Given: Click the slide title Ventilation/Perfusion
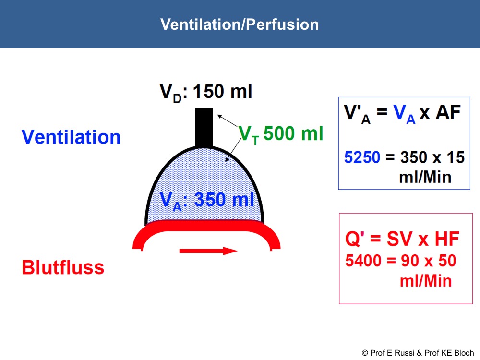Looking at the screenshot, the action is tap(240, 24).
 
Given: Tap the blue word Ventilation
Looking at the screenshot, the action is tap(71, 137).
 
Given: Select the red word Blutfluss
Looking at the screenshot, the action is tap(63, 267).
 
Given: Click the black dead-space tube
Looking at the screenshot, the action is tap(204, 128).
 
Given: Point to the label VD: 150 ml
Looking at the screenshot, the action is tap(206, 92).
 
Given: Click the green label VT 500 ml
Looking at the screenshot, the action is tap(281, 134).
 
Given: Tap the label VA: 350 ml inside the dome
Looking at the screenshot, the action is tap(207, 201).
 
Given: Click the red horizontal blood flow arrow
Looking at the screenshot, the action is tap(208, 251).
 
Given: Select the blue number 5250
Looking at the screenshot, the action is tap(362, 157).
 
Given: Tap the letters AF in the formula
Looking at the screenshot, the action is tap(448, 112).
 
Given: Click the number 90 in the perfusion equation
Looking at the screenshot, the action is tap(410, 261).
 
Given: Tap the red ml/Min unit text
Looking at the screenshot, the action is tap(426, 281).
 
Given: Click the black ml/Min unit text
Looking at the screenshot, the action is tap(425, 177).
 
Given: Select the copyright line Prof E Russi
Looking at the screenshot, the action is tap(418, 353).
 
